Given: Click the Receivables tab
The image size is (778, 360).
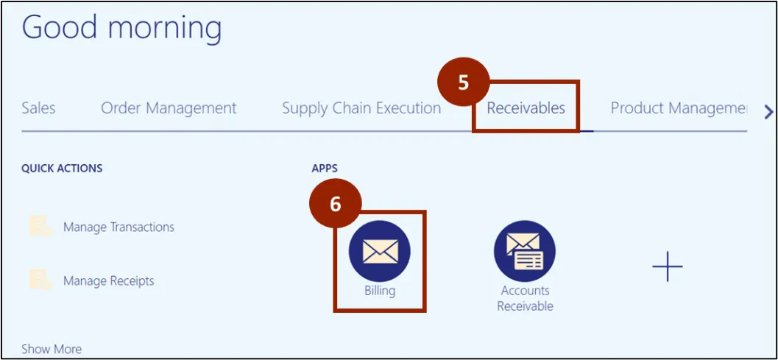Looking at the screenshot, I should point(526,108).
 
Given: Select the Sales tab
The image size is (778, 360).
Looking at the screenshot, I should point(38,108).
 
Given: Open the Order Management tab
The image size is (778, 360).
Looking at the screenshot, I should point(169,108).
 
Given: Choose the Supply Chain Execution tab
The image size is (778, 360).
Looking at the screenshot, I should point(361,108).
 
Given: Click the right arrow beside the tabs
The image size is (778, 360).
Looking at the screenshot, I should point(768,112).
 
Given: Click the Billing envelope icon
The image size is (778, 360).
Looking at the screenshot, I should point(380,251).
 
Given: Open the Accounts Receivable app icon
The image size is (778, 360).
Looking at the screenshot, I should point(525,251).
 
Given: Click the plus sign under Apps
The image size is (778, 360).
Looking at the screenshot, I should point(668,266).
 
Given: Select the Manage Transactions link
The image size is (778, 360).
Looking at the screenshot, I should point(119,227).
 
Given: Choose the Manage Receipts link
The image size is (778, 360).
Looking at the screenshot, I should point(108,280).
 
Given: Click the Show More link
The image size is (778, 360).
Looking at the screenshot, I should point(52,349).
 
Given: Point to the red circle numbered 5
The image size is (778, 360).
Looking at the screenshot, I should point(463,82).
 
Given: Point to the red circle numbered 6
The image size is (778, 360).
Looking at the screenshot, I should point(336,204).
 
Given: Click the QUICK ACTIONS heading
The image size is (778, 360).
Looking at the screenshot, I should point(62,168).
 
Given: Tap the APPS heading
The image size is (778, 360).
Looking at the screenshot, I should point(325,168).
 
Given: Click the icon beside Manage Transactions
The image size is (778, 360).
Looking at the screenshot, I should point(38,226).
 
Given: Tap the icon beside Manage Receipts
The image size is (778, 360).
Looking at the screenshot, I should point(38,280).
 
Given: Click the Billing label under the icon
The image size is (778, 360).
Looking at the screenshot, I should point(380,291).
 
